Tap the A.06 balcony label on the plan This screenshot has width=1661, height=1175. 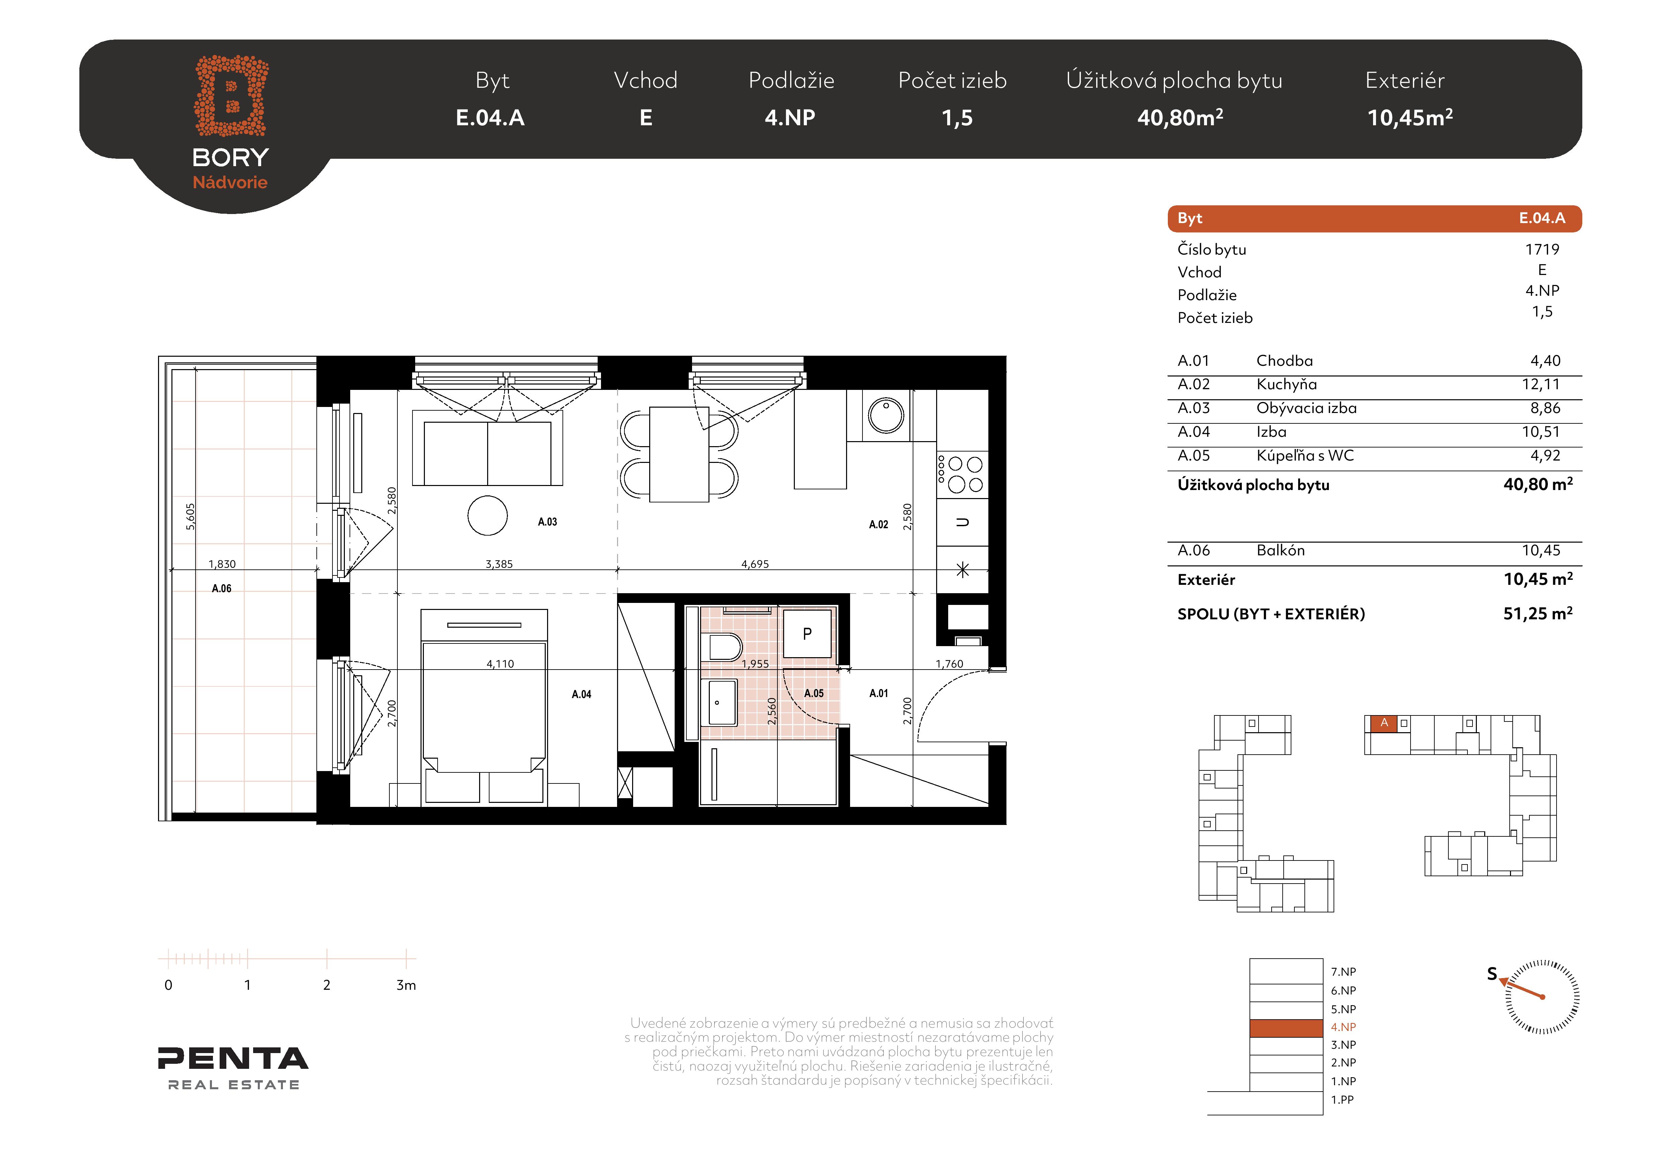[221, 588]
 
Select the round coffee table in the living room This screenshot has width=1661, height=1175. [487, 515]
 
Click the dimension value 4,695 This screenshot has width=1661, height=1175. [755, 564]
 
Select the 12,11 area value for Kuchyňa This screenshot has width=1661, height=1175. [1541, 384]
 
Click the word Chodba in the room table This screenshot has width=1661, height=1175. [1284, 360]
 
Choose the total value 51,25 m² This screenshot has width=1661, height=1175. [1538, 614]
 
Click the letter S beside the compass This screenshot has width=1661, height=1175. [1492, 974]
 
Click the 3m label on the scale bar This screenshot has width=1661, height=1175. [406, 985]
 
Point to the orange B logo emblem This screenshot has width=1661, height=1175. [231, 95]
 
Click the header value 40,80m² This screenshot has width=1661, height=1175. [1180, 117]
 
